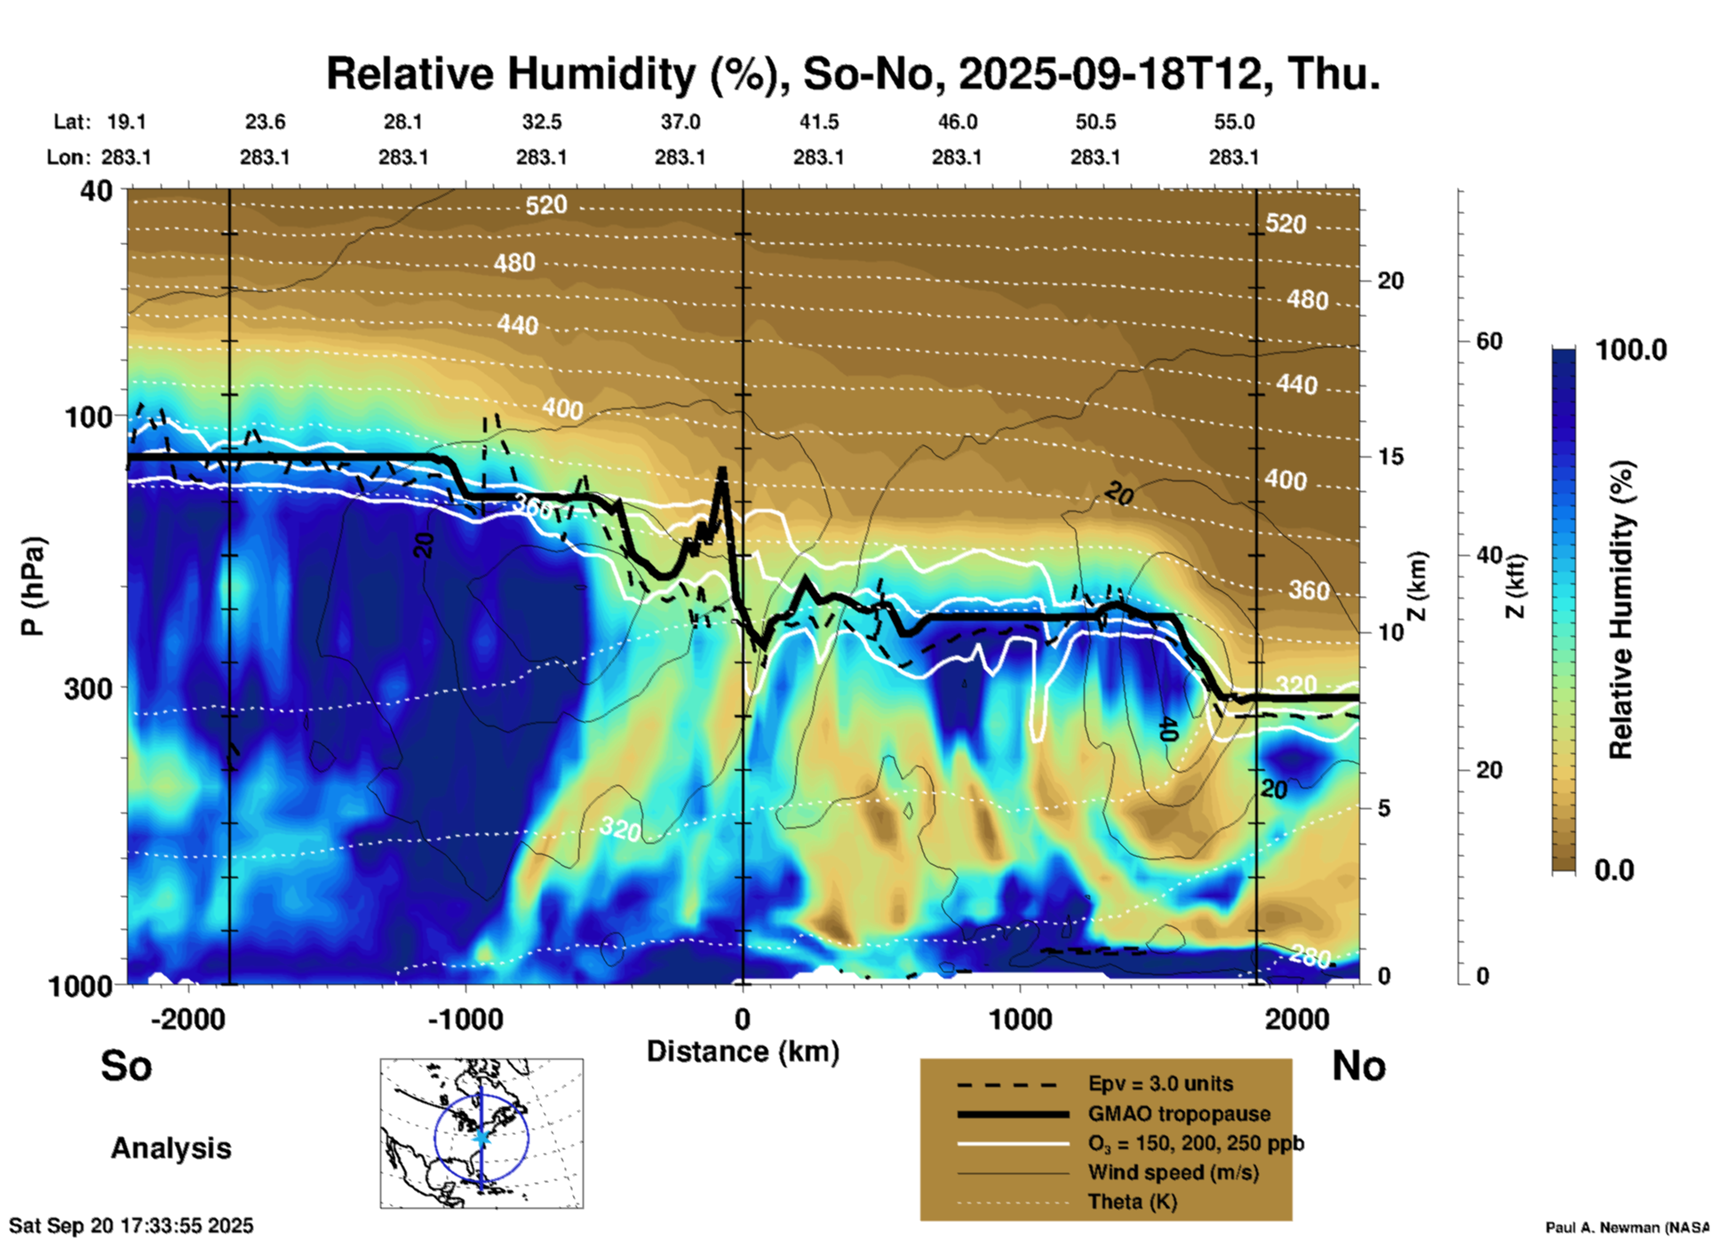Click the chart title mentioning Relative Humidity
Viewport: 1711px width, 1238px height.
pos(853,74)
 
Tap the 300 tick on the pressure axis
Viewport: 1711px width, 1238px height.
pos(88,688)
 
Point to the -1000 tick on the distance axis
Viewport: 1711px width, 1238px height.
pos(466,1019)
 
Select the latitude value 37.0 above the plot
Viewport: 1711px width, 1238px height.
pos(680,122)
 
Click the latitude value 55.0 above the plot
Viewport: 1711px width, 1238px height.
pos(1234,122)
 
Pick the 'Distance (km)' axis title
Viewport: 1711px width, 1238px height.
pos(743,1052)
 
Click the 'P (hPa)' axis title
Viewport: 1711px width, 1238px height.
pos(32,586)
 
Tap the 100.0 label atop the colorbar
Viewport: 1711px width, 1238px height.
pos(1631,350)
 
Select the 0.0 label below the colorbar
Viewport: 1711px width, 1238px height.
pos(1614,869)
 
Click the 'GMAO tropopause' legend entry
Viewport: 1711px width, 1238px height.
pos(1179,1114)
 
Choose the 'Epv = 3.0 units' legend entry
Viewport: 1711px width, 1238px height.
pos(1160,1084)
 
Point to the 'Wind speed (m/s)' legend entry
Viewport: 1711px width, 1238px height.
pos(1173,1172)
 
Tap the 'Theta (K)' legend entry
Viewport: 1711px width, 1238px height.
pos(1132,1202)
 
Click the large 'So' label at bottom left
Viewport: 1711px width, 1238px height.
pos(126,1066)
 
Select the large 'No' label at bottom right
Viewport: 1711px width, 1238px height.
pos(1358,1066)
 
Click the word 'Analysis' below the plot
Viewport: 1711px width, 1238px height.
pos(171,1148)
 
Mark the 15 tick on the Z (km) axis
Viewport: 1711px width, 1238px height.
pos(1390,456)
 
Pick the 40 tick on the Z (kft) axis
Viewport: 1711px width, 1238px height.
pos(1489,556)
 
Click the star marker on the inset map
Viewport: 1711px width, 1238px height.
pos(481,1137)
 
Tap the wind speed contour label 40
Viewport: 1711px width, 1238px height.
pos(1168,730)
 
